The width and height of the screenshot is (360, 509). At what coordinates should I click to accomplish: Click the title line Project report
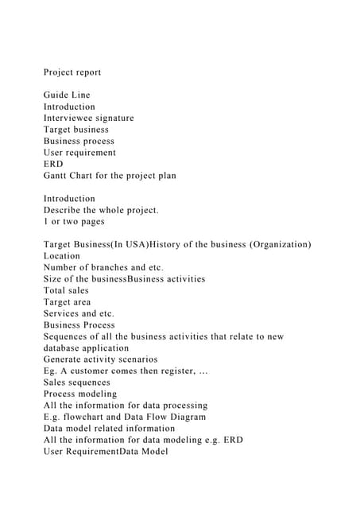[72, 72]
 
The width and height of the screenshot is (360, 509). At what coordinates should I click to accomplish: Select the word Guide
[57, 95]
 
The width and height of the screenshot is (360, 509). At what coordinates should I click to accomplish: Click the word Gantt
[58, 176]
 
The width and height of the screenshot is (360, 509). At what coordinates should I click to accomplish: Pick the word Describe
[65, 210]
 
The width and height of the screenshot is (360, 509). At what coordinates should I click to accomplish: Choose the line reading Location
[62, 256]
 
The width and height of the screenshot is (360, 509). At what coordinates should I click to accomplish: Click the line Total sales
[67, 291]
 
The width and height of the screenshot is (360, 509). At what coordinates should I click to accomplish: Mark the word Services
[64, 313]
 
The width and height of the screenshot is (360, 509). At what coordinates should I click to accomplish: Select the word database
[65, 348]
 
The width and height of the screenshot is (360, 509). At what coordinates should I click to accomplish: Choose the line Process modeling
[80, 394]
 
